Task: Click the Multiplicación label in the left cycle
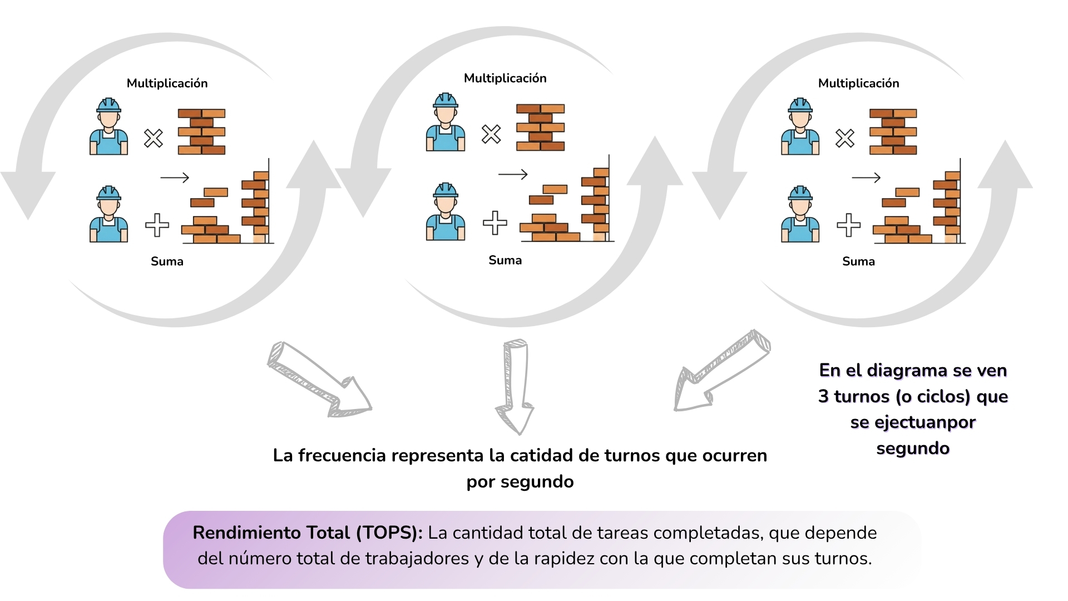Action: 167,83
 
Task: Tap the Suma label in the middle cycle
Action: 505,260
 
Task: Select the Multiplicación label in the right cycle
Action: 858,83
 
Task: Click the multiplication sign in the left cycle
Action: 154,138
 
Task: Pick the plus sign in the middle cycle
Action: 495,223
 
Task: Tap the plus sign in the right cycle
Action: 848,225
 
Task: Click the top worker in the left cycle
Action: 109,127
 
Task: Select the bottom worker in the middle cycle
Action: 446,212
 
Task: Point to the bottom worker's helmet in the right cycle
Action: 800,193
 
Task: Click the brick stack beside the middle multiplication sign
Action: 540,127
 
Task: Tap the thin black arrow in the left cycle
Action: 175,178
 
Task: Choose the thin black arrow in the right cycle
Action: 866,178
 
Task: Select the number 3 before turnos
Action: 823,396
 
